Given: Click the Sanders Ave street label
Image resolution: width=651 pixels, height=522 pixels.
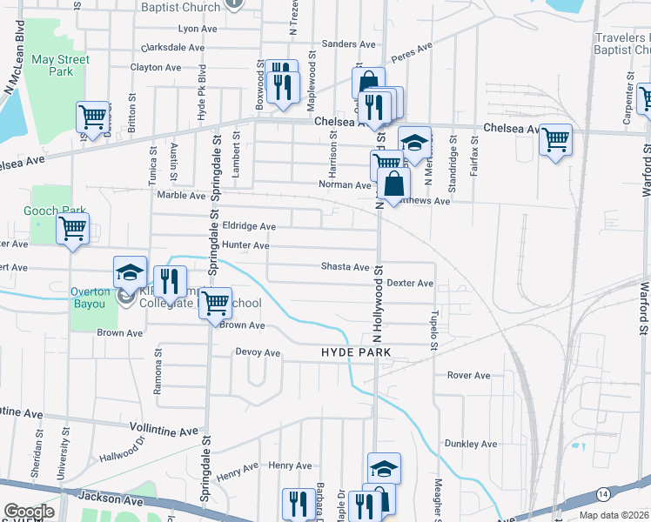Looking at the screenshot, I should pos(348,43).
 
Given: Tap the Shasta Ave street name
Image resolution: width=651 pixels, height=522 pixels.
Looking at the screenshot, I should pos(346,267).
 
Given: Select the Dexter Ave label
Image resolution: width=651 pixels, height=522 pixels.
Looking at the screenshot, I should pos(410,284).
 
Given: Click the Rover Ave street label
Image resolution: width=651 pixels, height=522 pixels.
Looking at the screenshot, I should pos(469,376).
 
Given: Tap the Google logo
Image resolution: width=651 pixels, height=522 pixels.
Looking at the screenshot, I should pos(29,512).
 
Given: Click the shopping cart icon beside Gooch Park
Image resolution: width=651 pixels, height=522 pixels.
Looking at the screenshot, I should pos(73,230).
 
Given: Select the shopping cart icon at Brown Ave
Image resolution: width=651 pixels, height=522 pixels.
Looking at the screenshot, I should pos(215,304).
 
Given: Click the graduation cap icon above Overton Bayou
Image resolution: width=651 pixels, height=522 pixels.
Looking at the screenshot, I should pos(130,272).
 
